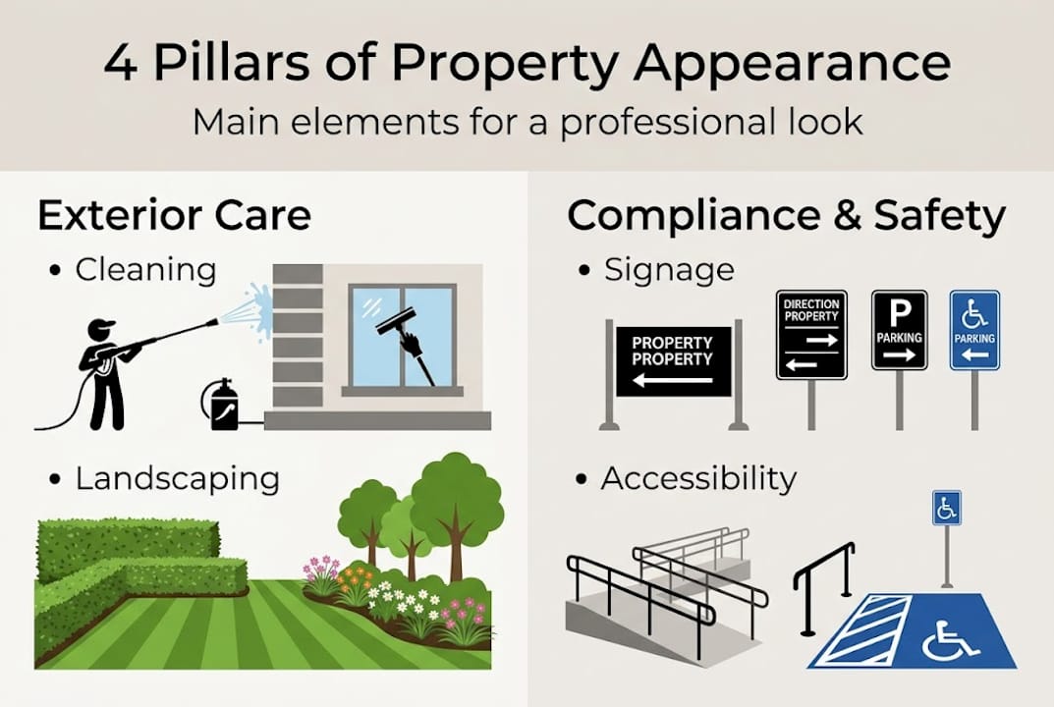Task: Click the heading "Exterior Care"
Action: point(174,216)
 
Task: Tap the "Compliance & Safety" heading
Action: point(786,216)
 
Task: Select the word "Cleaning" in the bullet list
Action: point(145,269)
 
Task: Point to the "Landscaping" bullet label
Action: point(177,479)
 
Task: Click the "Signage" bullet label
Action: point(669,269)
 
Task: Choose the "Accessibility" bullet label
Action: point(698,479)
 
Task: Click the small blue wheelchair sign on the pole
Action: point(946,509)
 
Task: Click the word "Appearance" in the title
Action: point(791,64)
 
